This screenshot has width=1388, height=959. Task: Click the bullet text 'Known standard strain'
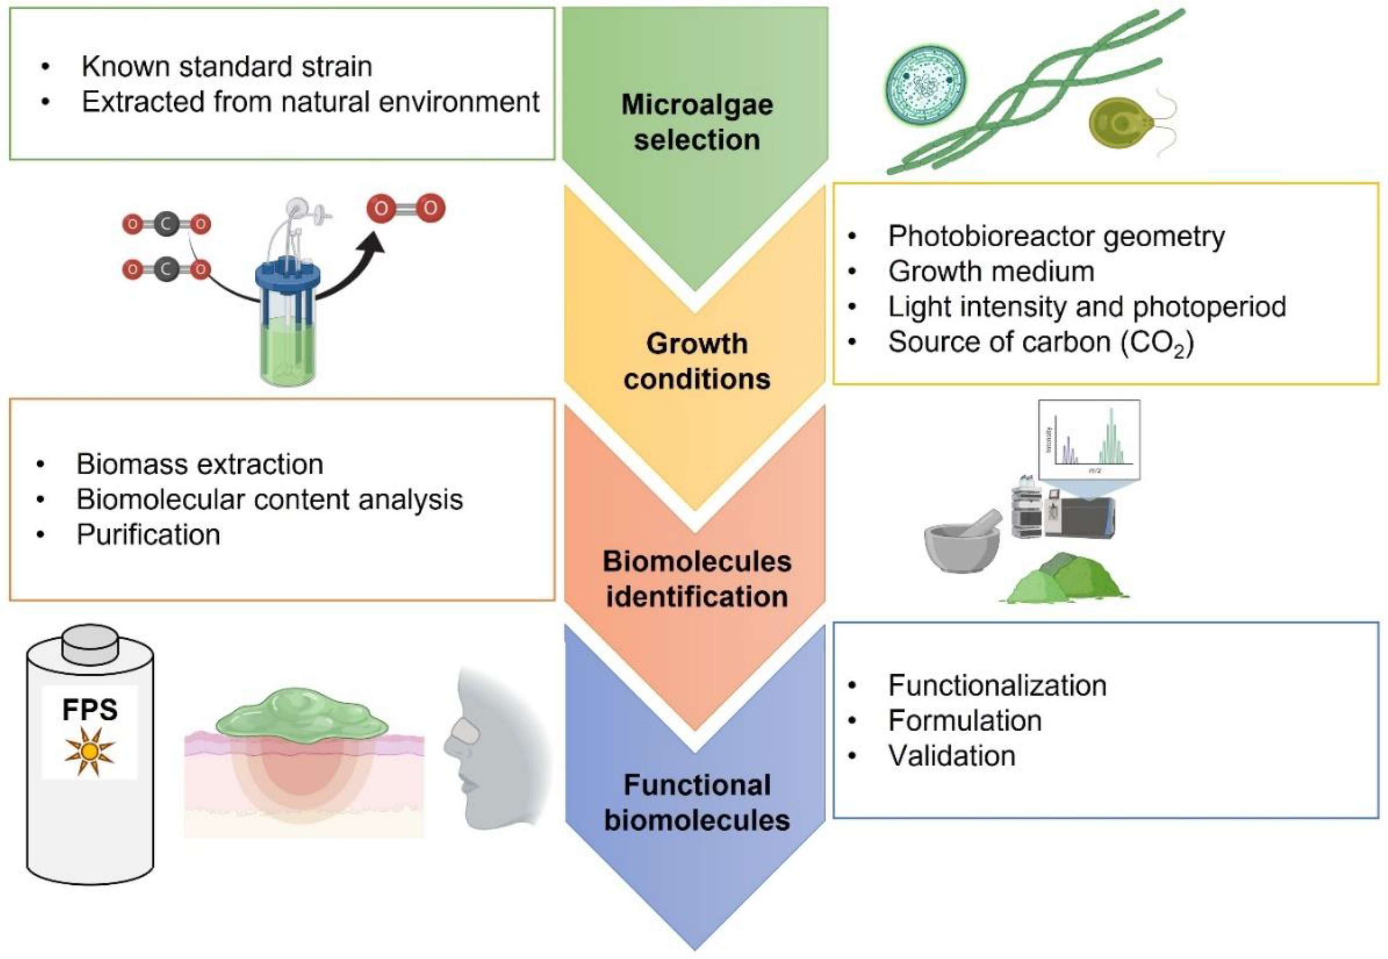point(227,66)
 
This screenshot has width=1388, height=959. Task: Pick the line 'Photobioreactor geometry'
point(1056,236)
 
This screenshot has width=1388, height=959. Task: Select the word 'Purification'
point(148,534)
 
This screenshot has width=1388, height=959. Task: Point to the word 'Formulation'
point(964,720)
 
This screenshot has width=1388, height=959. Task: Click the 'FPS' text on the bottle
point(90,710)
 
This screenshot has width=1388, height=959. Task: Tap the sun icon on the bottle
point(90,751)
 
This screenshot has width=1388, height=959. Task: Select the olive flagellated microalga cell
point(1122,124)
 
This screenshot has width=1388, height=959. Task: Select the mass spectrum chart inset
point(1089,440)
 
